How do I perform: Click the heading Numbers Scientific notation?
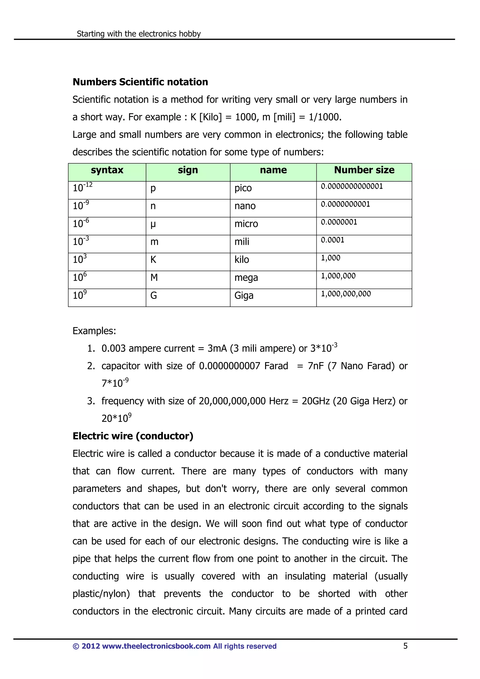click(x=140, y=82)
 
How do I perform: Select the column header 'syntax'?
click(x=107, y=170)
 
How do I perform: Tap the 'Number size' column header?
click(x=364, y=170)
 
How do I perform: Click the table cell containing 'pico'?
click(x=243, y=188)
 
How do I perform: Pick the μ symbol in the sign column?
click(x=153, y=224)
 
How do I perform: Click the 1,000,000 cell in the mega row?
click(x=338, y=276)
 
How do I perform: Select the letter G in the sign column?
click(x=154, y=295)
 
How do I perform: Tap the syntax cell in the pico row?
click(x=82, y=187)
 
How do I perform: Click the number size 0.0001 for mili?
click(x=333, y=240)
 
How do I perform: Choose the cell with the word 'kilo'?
click(x=242, y=260)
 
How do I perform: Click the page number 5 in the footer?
click(x=405, y=646)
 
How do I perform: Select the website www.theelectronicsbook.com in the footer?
click(x=156, y=646)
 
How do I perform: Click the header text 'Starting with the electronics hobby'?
click(x=139, y=34)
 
